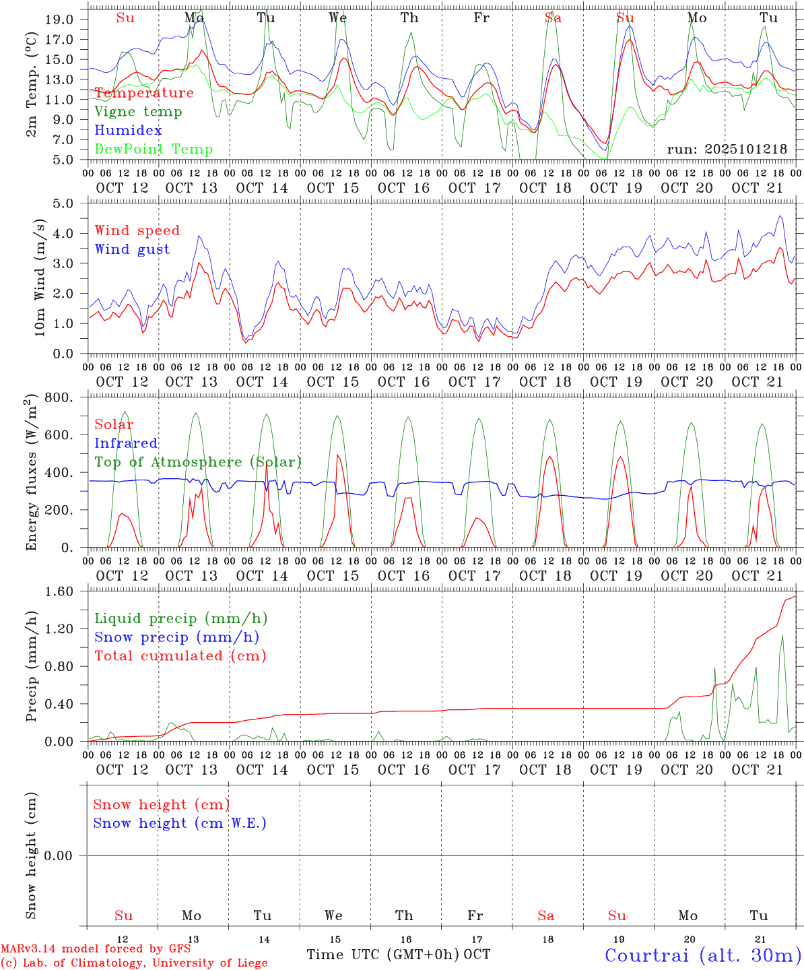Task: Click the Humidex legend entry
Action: [x=128, y=130]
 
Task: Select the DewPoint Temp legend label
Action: [x=154, y=149]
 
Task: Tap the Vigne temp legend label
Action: [x=138, y=111]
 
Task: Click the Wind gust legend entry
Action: [x=132, y=249]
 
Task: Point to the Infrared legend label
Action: [x=126, y=443]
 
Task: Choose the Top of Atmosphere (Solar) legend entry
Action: [x=198, y=462]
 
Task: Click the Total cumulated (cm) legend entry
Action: [x=180, y=655]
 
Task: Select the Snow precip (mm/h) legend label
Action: [x=176, y=637]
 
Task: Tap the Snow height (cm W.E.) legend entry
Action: [x=180, y=823]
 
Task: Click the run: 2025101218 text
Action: [x=727, y=150]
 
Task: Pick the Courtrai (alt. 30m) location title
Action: [x=702, y=955]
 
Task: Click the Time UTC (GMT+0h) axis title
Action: [x=382, y=955]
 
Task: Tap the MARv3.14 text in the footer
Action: [x=25, y=948]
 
